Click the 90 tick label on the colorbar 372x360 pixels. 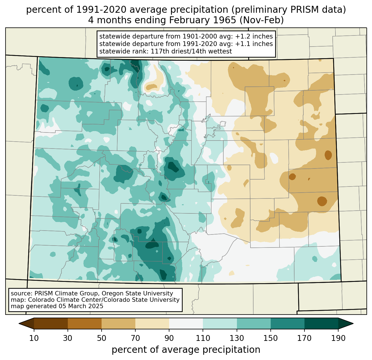(x=169, y=338)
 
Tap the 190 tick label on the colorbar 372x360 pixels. (x=338, y=338)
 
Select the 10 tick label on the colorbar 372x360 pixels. (x=34, y=338)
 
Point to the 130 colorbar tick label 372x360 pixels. (x=237, y=338)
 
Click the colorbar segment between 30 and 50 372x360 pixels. (x=85, y=323)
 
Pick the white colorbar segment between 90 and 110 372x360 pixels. (x=186, y=323)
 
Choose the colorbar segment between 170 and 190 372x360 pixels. (x=321, y=323)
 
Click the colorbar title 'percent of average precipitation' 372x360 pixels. (x=186, y=350)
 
